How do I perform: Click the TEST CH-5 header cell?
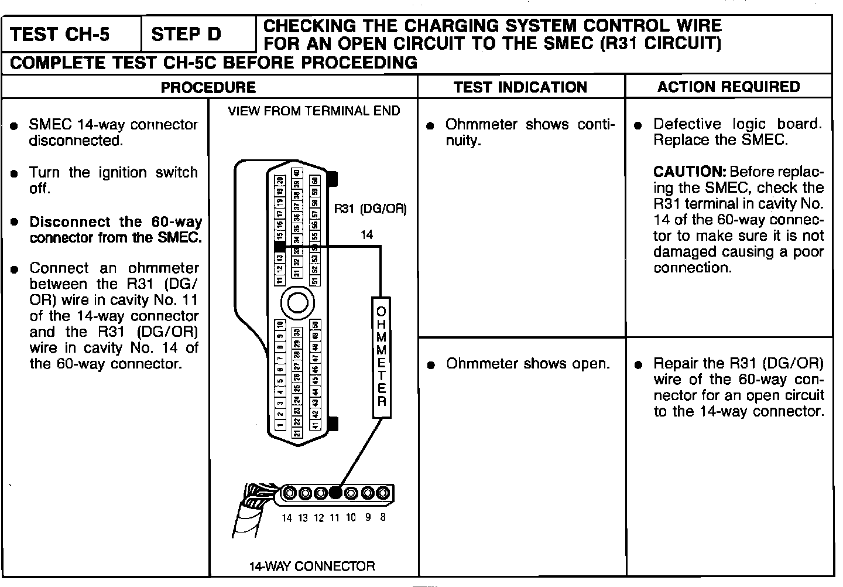point(60,35)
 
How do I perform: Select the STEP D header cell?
point(186,35)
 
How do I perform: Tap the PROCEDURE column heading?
point(208,87)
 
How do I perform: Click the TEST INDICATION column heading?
point(520,87)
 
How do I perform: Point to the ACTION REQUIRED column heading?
point(728,87)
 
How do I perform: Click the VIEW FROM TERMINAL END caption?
point(314,111)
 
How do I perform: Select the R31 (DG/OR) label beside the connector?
point(370,209)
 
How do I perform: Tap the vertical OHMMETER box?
point(382,357)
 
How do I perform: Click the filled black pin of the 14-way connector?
point(335,493)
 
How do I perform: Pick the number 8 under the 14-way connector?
point(382,517)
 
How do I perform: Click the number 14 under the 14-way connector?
point(286,518)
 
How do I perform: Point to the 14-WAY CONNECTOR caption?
point(312,566)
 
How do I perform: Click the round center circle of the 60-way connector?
point(297,302)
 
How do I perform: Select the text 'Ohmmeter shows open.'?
point(528,364)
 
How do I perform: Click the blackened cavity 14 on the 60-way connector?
point(280,248)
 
